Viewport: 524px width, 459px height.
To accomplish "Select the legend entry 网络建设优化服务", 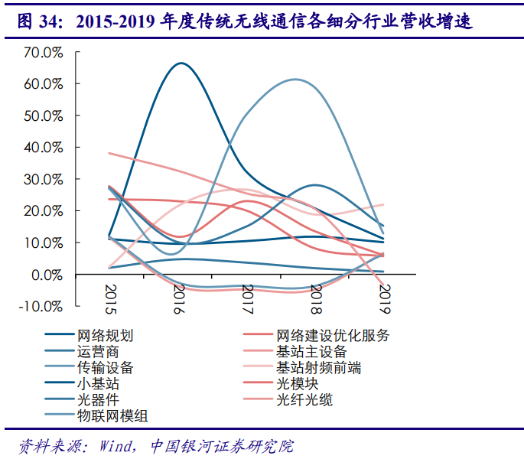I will [333, 336].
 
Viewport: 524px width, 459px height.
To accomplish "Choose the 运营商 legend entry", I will [98, 352].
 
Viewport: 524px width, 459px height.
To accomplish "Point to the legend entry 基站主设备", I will [311, 352].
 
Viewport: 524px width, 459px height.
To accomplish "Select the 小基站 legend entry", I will [98, 384].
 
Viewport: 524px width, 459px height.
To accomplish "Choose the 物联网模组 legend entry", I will [112, 416].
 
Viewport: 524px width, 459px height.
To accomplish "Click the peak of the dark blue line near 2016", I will [181, 63].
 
